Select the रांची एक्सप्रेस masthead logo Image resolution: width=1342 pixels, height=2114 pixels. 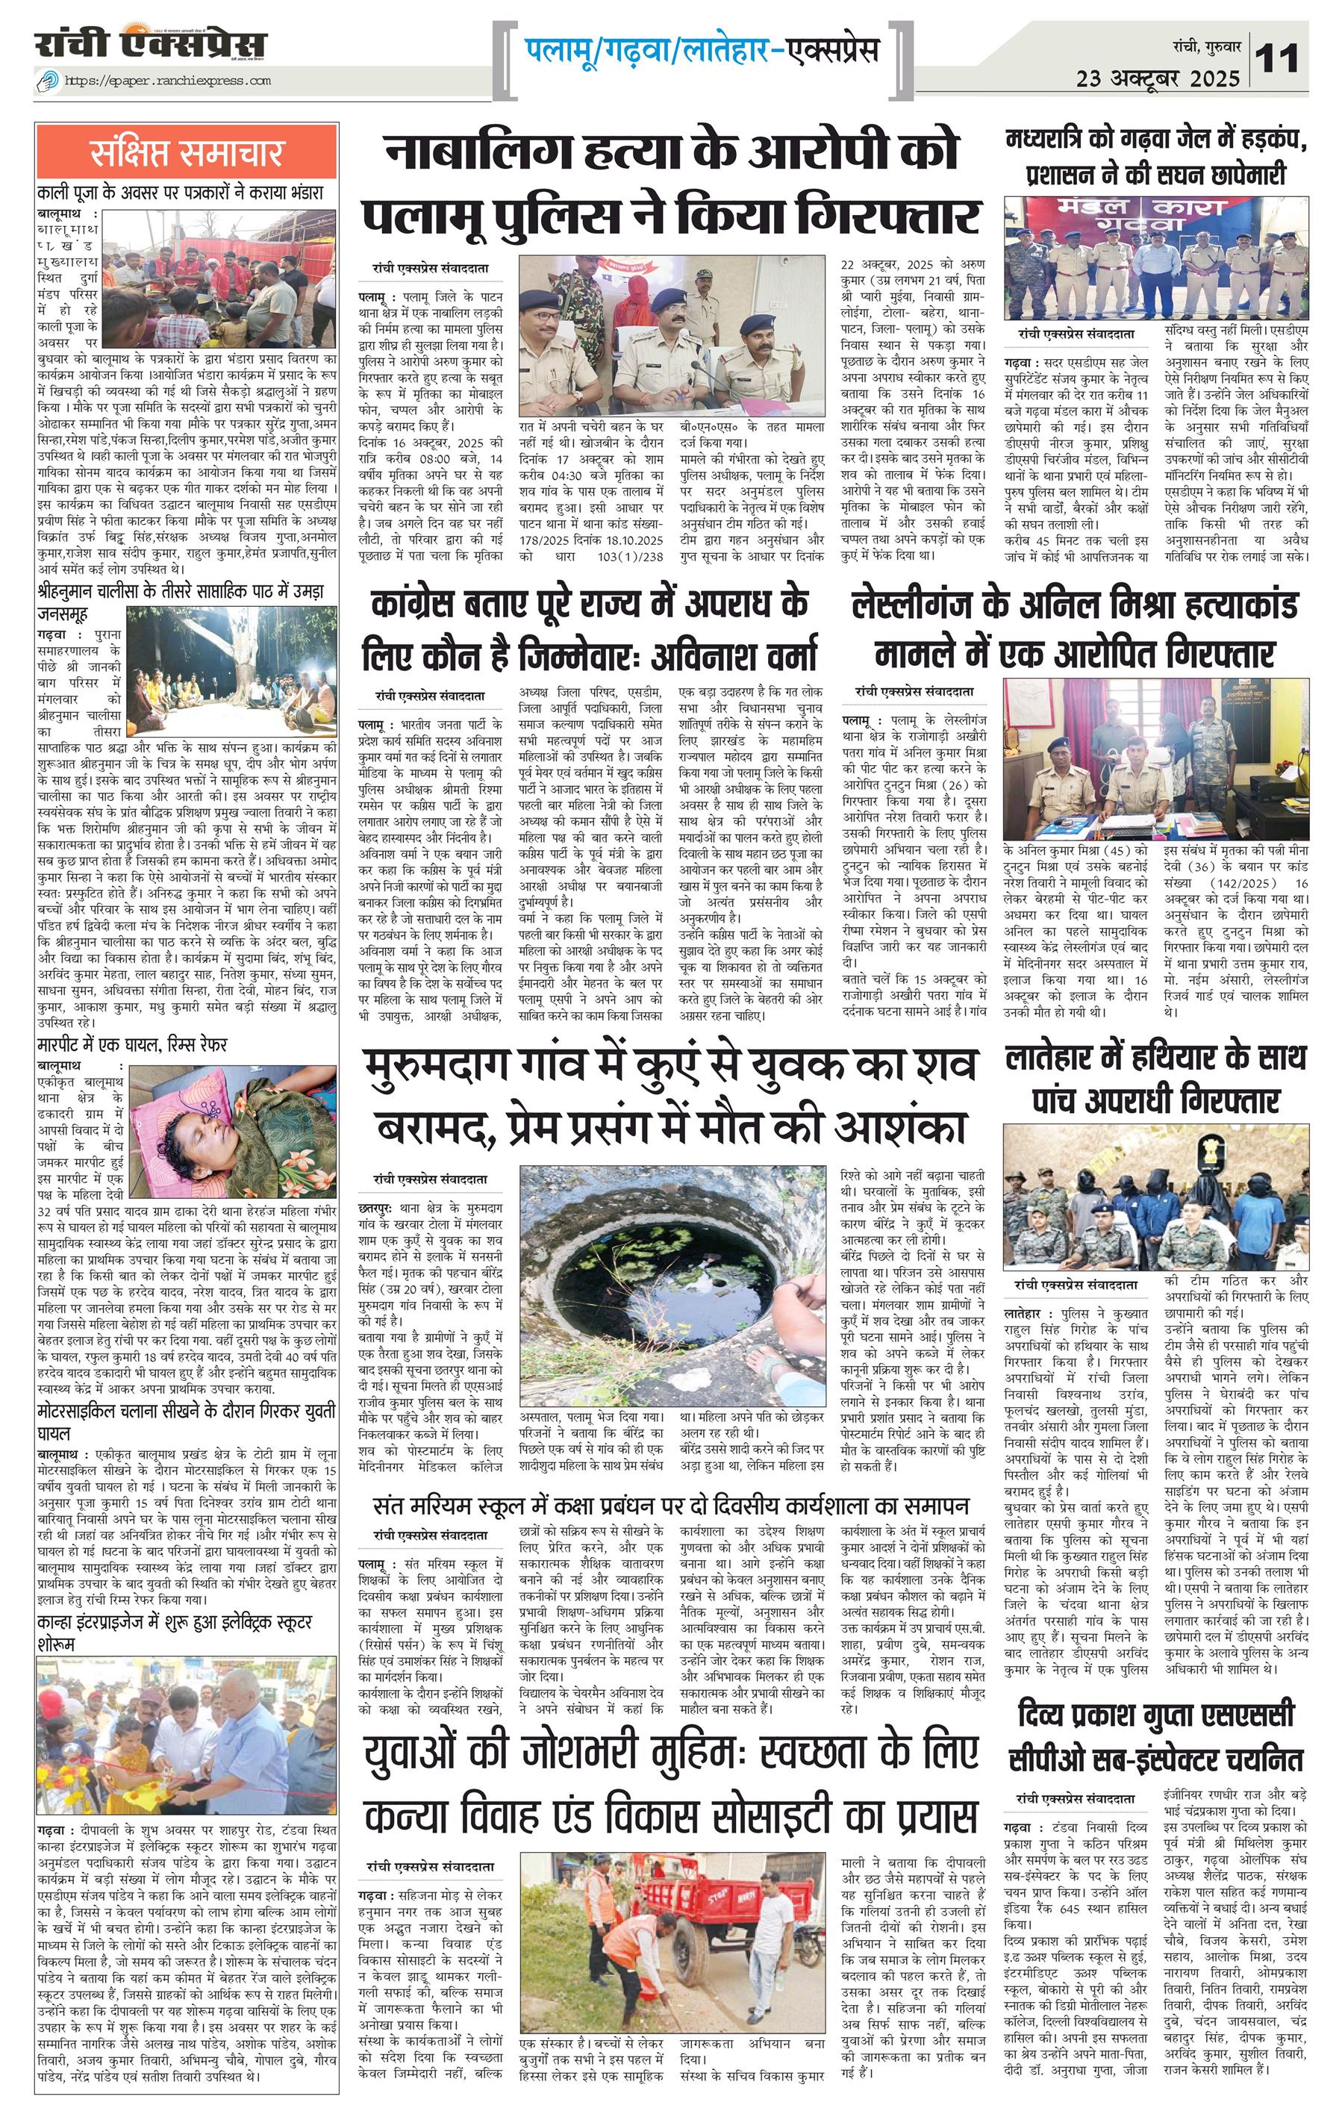point(150,44)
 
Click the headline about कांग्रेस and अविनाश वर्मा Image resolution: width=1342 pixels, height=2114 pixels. point(589,629)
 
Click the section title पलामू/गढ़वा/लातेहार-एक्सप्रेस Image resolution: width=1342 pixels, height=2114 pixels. point(702,49)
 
